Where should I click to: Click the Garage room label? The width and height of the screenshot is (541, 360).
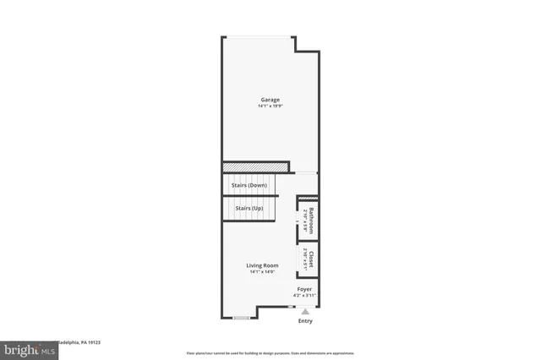[x=270, y=100]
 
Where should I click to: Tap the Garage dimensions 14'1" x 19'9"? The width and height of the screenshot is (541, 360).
[x=270, y=106]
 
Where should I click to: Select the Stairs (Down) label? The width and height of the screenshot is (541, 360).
[x=249, y=185]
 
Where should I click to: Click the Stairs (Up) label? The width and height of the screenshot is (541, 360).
[x=249, y=208]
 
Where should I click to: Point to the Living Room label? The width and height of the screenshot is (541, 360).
[x=262, y=265]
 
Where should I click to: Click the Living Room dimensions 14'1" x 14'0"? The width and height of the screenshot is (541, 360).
[x=262, y=272]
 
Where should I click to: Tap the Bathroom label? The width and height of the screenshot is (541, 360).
[x=311, y=221]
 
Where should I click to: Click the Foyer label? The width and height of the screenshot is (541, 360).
[x=304, y=289]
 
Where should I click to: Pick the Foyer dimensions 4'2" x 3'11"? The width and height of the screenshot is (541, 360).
[x=304, y=296]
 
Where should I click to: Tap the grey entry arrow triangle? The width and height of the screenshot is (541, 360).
[x=305, y=312]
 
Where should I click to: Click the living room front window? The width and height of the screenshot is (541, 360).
[x=241, y=318]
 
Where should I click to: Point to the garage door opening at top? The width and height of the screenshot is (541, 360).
[x=259, y=36]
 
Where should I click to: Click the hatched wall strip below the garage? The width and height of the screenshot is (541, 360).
[x=254, y=166]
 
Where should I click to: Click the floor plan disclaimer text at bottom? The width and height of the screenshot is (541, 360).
[x=270, y=352]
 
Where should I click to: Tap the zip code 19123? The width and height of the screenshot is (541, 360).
[x=95, y=343]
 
